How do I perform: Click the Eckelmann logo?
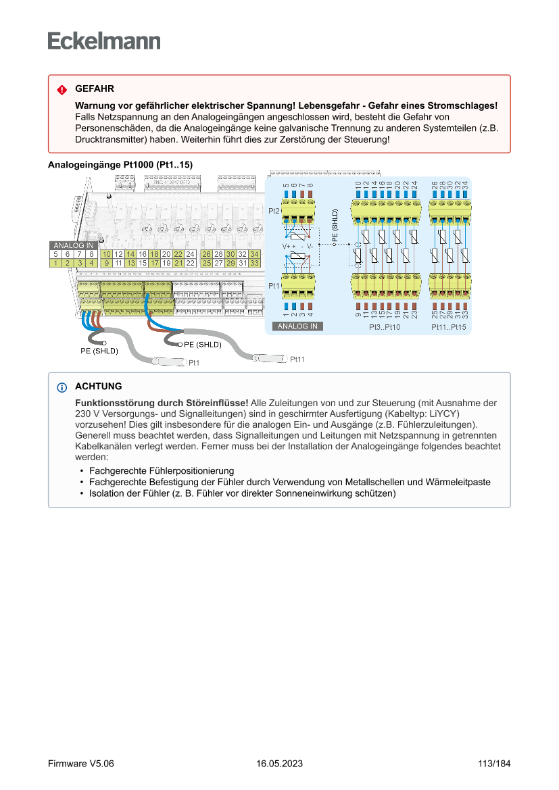coord(104,41)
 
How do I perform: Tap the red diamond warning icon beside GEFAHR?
coord(62,89)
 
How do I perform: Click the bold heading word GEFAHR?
coord(94,89)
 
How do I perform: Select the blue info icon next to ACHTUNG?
coord(62,387)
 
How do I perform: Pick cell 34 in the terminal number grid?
coord(254,254)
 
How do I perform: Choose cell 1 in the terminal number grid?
coord(55,263)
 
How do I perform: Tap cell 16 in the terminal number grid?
coord(143,254)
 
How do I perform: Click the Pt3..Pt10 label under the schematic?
coord(385,327)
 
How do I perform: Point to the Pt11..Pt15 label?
coord(449,327)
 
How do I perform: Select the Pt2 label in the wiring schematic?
coord(274,212)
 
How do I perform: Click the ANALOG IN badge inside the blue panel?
coord(298,326)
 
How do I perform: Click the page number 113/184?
coord(494,764)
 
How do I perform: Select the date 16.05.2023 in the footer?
coord(279,764)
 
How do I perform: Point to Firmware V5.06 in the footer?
coord(81,764)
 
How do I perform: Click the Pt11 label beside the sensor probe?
coord(297,360)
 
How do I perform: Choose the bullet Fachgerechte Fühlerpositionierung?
coord(162,470)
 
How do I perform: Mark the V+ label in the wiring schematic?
coord(286,247)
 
